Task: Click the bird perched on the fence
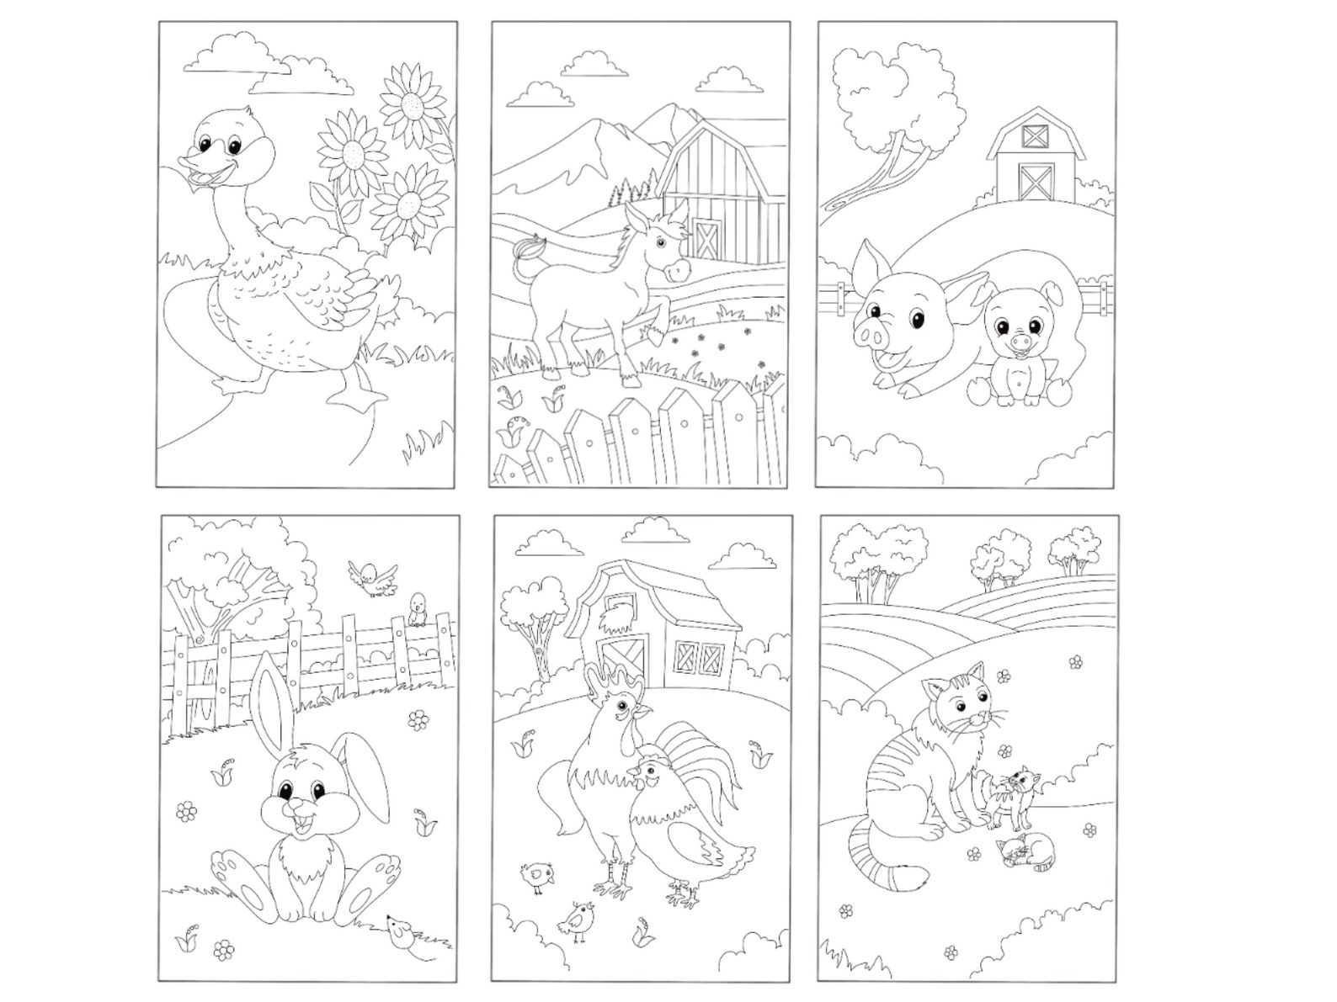416,609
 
